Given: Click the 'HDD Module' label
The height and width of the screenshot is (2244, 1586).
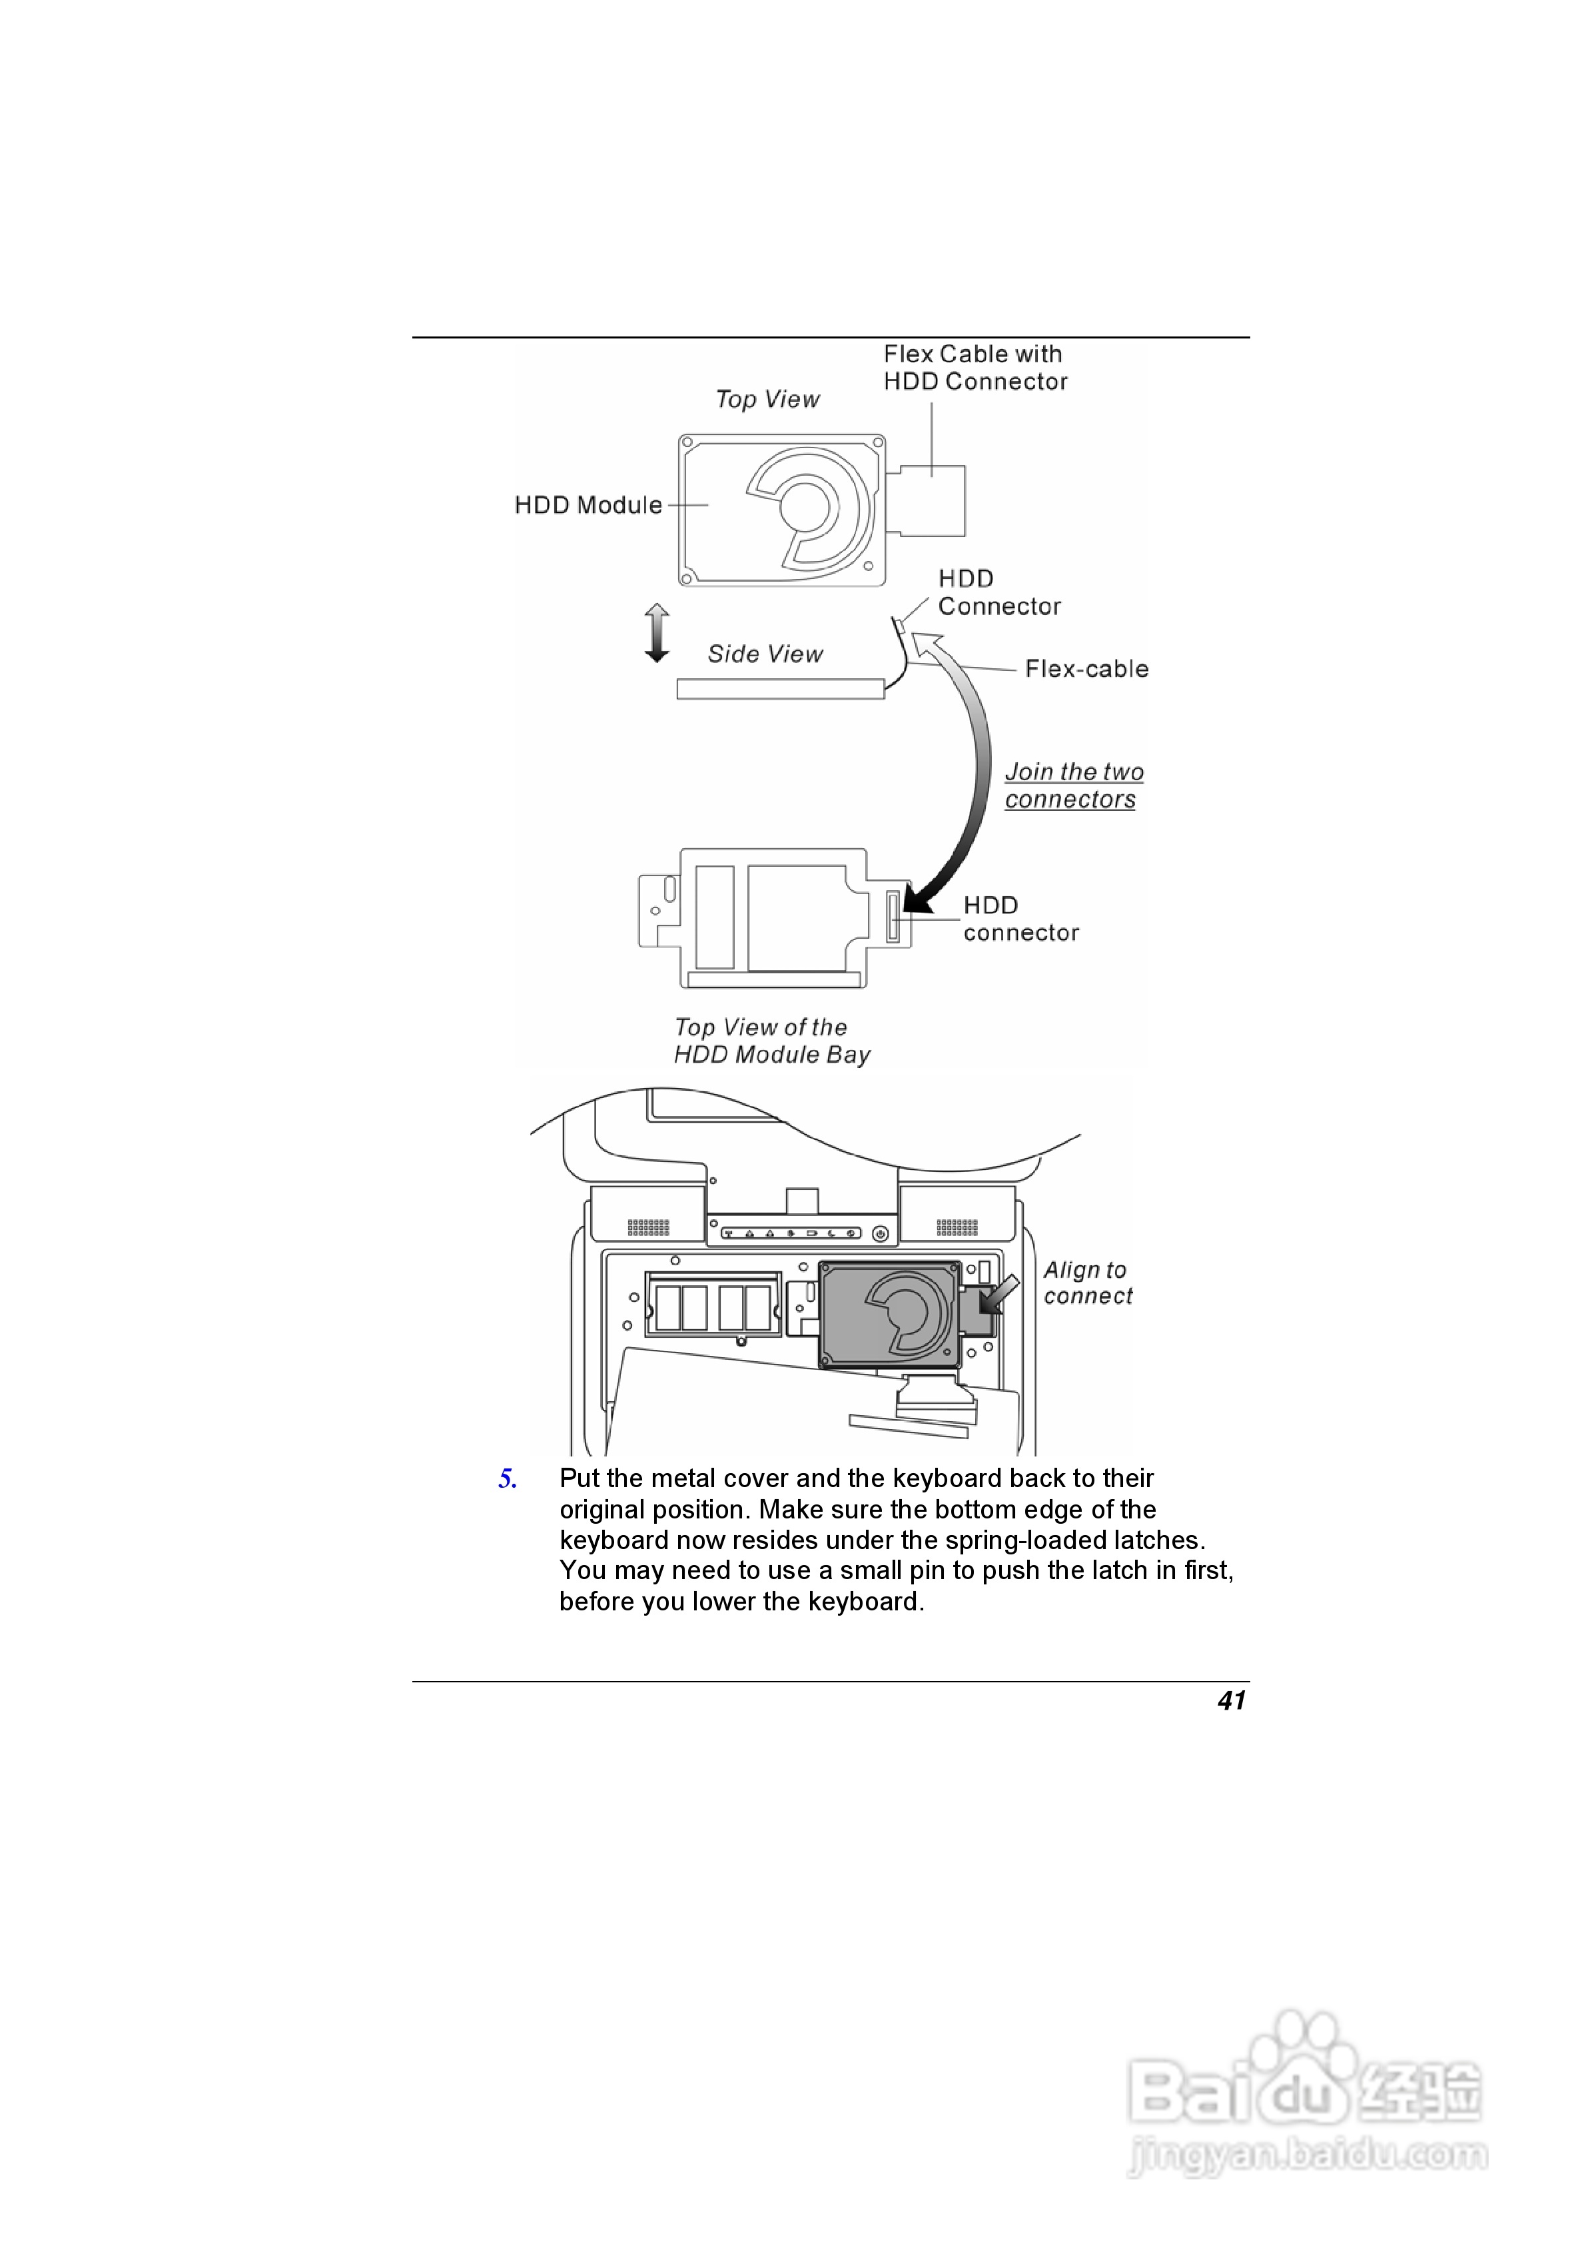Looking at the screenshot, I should tap(588, 505).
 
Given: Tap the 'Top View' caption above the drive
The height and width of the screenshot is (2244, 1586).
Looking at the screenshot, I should tap(767, 400).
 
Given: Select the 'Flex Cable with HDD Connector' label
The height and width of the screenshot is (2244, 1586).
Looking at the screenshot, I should tap(975, 368).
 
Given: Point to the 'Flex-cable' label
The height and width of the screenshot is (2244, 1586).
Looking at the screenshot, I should tap(1086, 670).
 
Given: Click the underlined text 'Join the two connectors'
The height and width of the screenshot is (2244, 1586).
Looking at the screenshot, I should tap(1073, 786).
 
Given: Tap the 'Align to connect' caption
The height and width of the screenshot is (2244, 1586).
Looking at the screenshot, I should tap(1086, 1283).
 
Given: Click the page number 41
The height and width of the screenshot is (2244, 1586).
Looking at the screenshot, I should tap(1231, 1702).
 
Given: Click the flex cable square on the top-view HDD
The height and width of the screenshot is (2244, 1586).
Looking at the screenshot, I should tap(931, 500).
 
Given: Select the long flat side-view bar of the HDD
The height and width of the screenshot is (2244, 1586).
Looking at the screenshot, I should tap(780, 689).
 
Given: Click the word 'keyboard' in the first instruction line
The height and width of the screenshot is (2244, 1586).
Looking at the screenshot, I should tap(947, 1478).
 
